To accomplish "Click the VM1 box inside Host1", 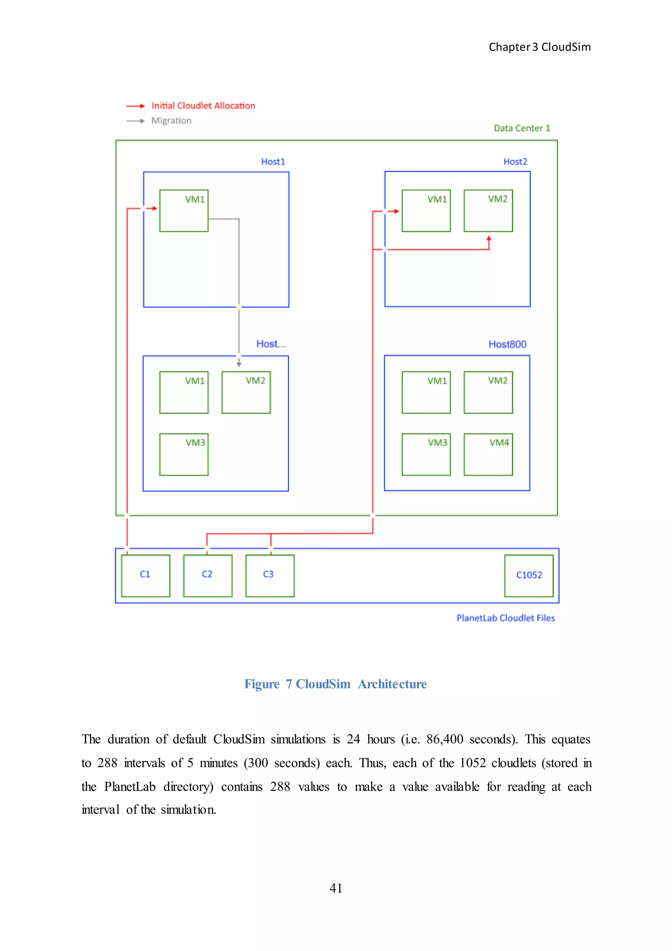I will (x=184, y=210).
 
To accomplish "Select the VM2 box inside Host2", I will (x=488, y=210).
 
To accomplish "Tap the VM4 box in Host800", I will (x=488, y=454).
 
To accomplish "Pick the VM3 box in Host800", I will (x=426, y=454).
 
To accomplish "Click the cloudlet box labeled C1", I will (x=145, y=575).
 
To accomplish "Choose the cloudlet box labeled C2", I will (x=208, y=575).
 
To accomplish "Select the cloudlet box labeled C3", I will (x=270, y=575).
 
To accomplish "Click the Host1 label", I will (x=273, y=162).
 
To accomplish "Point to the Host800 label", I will (x=507, y=344).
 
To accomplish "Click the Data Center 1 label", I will (x=522, y=128).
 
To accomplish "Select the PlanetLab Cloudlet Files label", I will (x=505, y=618).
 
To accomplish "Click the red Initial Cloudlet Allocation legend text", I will (x=203, y=106).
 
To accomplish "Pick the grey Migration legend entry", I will (x=171, y=121).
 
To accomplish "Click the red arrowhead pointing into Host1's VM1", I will (x=155, y=208).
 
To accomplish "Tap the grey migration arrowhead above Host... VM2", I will (x=239, y=364).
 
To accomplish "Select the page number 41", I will (x=336, y=888).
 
